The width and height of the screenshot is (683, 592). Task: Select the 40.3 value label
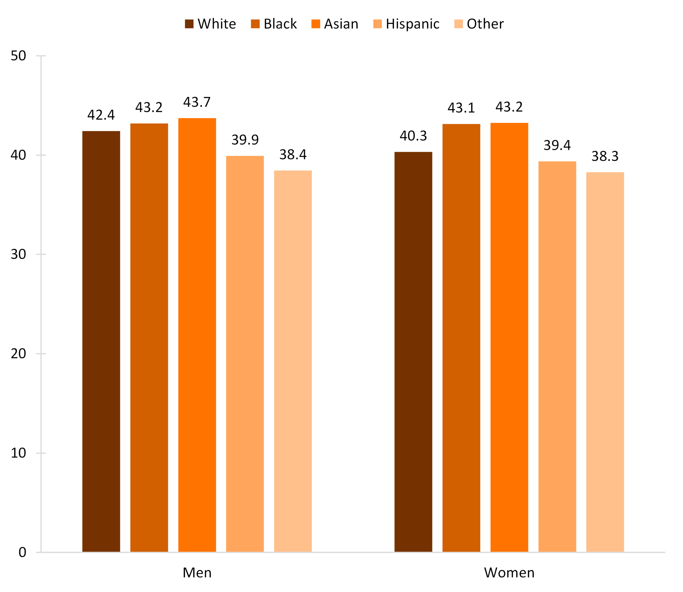click(413, 136)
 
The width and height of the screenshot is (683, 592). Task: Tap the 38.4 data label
click(293, 155)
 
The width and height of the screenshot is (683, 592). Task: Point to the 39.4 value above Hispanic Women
click(557, 145)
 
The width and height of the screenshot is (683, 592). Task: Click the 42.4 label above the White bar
click(101, 115)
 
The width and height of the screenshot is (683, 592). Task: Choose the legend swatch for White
click(189, 24)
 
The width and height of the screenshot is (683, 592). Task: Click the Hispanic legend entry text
click(412, 24)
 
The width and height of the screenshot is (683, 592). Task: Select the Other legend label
click(485, 24)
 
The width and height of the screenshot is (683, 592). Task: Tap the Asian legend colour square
click(316, 24)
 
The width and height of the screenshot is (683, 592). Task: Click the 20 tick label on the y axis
click(18, 354)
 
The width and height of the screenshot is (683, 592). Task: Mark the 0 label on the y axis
click(22, 553)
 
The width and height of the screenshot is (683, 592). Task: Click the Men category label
click(197, 573)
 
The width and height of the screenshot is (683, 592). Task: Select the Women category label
click(509, 573)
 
